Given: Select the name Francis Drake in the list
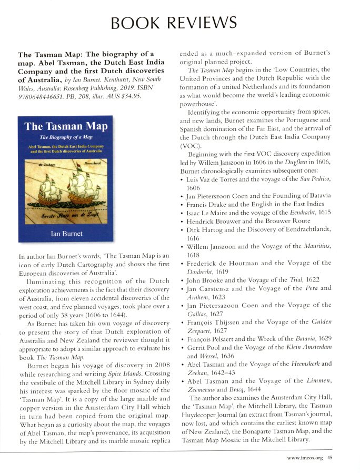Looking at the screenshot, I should point(209,204).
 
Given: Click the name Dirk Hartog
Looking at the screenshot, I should point(206,229).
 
